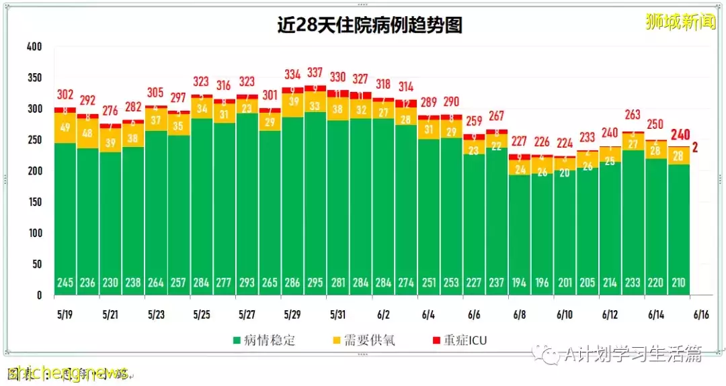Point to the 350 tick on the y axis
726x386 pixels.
tap(34, 78)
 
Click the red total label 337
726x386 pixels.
tap(315, 73)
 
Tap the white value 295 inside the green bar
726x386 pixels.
tap(315, 283)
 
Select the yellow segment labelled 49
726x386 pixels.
tap(65, 128)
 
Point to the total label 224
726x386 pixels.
tap(565, 143)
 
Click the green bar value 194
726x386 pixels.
tap(520, 283)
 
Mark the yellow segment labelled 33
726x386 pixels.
tap(315, 106)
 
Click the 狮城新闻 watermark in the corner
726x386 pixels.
tap(680, 21)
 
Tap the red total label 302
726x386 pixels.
tap(65, 95)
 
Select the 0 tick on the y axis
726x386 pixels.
tap(39, 295)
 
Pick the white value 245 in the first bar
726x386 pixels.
tap(65, 283)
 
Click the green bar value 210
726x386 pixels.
tap(679, 283)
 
